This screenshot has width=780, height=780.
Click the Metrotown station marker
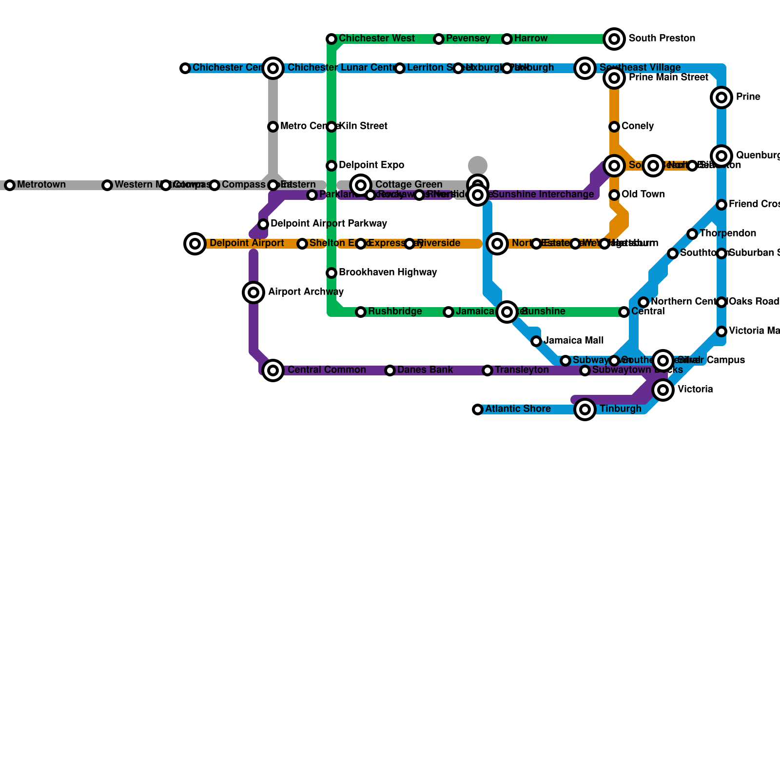click(x=10, y=185)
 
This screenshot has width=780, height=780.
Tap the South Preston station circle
click(x=614, y=39)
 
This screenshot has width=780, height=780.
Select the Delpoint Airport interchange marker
click(x=195, y=244)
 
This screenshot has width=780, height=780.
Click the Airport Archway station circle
click(x=253, y=292)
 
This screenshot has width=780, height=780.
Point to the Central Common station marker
click(x=273, y=370)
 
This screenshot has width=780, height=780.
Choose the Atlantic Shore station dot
click(x=478, y=409)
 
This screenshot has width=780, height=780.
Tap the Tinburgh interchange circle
click(x=585, y=409)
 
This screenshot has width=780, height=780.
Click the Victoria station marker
click(x=663, y=390)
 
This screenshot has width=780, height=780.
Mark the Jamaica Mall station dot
click(x=536, y=341)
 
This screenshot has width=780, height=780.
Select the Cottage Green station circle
click(x=361, y=185)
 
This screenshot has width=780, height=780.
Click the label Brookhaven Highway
click(x=388, y=273)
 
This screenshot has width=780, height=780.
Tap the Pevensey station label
click(x=468, y=39)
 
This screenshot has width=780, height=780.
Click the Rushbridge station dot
click(x=361, y=312)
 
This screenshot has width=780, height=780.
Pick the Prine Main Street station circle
click(x=614, y=78)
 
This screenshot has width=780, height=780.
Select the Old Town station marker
click(x=614, y=195)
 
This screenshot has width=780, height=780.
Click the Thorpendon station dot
click(x=692, y=234)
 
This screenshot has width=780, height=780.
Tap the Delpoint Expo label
click(x=371, y=165)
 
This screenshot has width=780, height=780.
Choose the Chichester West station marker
click(x=331, y=39)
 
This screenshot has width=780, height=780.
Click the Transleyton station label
click(x=522, y=370)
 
